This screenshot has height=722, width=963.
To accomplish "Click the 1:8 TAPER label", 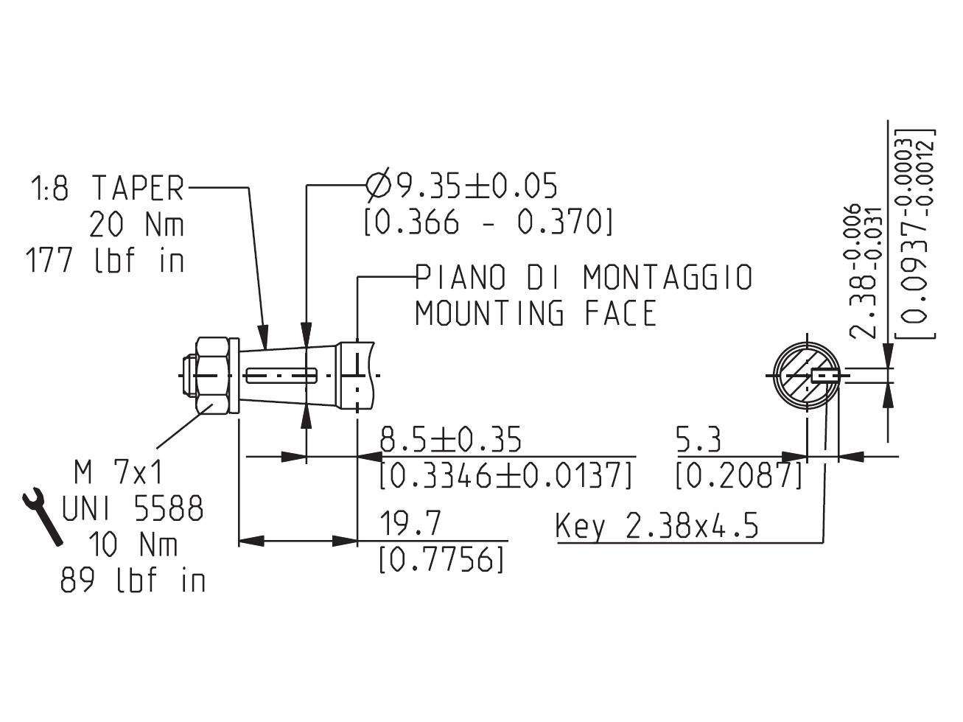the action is click(107, 188).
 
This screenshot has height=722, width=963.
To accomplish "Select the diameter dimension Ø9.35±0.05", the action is click(461, 184).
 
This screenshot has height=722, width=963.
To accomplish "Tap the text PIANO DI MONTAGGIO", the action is click(584, 277).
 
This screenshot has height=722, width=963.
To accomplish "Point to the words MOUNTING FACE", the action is click(536, 312).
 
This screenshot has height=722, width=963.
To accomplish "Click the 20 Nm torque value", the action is click(136, 224).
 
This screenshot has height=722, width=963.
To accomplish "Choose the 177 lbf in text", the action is click(105, 259).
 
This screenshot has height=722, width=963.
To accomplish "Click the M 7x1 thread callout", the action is click(119, 473).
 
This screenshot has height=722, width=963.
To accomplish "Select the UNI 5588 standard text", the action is click(132, 508).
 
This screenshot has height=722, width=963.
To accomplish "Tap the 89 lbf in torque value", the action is click(133, 580).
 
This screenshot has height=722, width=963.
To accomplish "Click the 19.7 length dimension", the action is click(410, 523).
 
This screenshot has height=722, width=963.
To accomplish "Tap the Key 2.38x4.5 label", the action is click(656, 526).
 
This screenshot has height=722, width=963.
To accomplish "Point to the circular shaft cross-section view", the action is click(807, 376).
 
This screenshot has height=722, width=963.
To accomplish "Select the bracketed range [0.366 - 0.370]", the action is click(488, 222).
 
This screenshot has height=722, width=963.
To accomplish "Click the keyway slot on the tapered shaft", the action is click(281, 376).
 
